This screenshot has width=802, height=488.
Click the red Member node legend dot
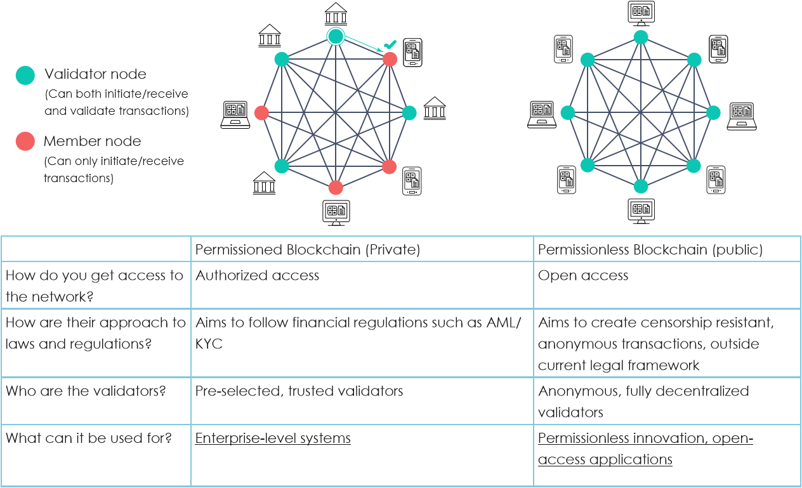tap(25, 142)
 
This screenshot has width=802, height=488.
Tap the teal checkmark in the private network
tap(390, 45)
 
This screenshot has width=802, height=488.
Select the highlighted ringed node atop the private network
tap(335, 37)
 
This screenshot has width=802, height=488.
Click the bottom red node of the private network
tap(336, 188)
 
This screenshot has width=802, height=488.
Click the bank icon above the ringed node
tap(336, 13)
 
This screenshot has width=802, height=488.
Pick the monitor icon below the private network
tap(336, 212)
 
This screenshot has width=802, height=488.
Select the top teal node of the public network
tap(641, 37)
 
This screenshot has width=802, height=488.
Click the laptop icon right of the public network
tap(741, 115)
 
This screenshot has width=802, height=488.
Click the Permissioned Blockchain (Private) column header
tap(308, 249)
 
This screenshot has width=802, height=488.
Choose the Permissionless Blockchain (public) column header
tap(650, 249)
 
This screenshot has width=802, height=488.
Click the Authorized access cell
tap(257, 275)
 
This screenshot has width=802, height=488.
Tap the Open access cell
tap(583, 275)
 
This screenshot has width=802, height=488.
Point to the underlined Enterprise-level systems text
tap(273, 439)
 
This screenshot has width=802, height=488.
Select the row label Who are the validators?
tap(86, 391)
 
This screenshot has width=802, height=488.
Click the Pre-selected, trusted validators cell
tap(299, 391)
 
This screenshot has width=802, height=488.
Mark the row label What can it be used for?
tap(89, 439)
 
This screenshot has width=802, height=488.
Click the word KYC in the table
tap(209, 344)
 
